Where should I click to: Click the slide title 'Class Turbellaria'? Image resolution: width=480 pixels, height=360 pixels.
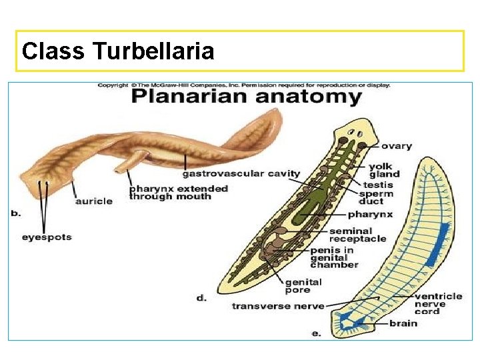[118, 51]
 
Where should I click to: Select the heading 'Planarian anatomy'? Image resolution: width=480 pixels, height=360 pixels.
[246, 97]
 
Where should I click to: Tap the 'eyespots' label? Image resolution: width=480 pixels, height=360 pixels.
[47, 237]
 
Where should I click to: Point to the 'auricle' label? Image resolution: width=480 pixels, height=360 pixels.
[93, 201]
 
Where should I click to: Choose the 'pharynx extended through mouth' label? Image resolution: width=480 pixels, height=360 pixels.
[178, 192]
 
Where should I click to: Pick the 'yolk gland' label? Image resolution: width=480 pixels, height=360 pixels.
[385, 170]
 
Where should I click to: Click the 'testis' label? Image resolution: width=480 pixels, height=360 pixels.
[378, 184]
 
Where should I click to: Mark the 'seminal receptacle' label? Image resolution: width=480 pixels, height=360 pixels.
[357, 235]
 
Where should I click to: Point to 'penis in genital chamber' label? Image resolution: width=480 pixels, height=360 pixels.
[333, 257]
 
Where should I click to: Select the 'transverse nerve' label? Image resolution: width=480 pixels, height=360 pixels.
[278, 306]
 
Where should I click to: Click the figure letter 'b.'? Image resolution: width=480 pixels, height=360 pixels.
[16, 213]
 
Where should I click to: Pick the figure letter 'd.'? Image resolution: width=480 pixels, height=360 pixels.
[201, 298]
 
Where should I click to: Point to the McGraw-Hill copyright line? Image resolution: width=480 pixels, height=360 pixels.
[244, 85]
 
